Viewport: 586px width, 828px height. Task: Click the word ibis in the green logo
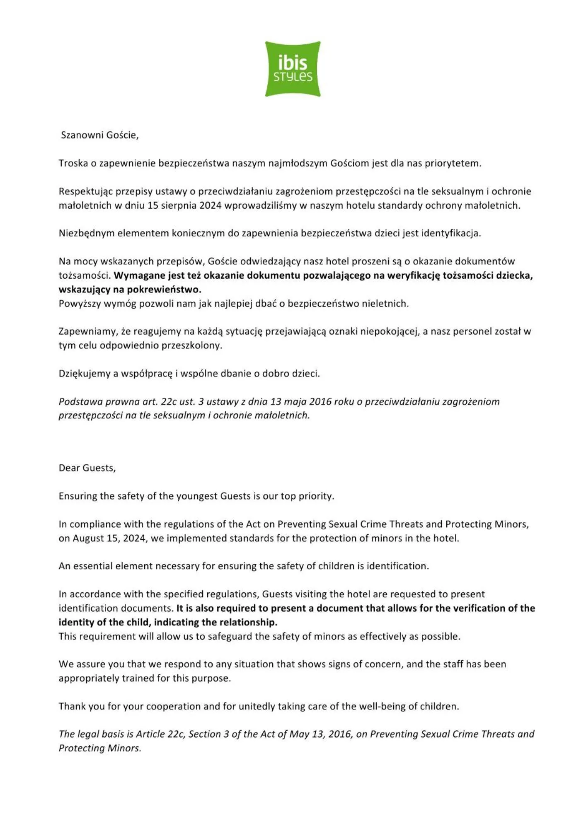293,63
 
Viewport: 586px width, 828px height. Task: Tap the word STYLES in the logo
293,77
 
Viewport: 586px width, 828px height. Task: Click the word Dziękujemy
84,374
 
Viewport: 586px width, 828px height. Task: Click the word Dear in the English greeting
69,468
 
